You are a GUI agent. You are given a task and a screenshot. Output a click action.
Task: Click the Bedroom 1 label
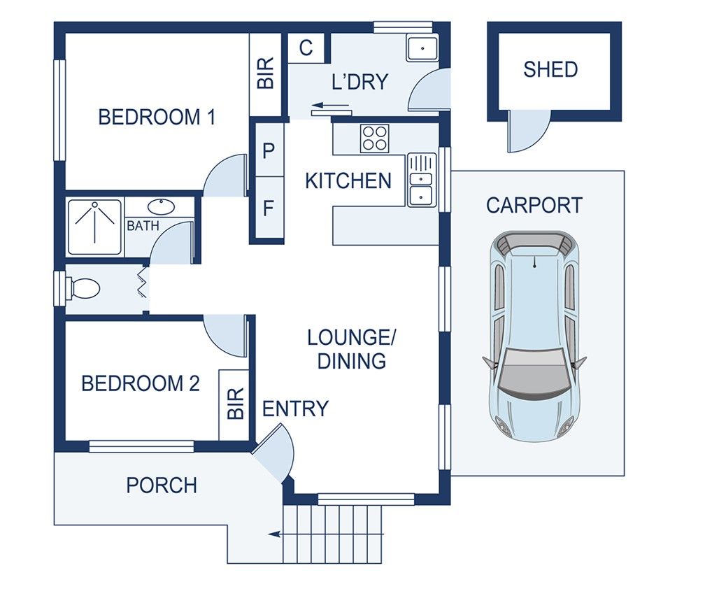pyautogui.click(x=156, y=117)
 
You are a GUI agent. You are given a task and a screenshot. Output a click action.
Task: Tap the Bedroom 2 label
pyautogui.click(x=141, y=383)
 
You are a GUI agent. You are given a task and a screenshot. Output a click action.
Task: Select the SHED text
pyautogui.click(x=550, y=69)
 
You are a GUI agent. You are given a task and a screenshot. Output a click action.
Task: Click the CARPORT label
pyautogui.click(x=534, y=206)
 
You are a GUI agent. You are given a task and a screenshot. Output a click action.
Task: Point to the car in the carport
pyautogui.click(x=534, y=336)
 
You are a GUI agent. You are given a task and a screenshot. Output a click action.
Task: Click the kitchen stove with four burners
pyautogui.click(x=374, y=138)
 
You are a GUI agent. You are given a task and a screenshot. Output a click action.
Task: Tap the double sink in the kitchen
pyautogui.click(x=422, y=180)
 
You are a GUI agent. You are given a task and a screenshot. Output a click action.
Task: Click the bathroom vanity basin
pyautogui.click(x=162, y=206)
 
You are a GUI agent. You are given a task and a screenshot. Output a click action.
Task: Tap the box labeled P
pyautogui.click(x=267, y=150)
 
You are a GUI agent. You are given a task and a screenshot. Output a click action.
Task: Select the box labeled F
pyautogui.click(x=267, y=208)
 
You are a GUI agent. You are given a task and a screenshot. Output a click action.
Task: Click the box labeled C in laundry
pyautogui.click(x=306, y=48)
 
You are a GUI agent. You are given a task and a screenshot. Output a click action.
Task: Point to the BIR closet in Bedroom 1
pyautogui.click(x=266, y=74)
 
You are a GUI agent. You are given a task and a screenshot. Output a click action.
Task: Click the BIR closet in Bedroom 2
pyautogui.click(x=236, y=404)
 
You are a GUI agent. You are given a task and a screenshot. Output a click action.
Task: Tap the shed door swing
pyautogui.click(x=526, y=132)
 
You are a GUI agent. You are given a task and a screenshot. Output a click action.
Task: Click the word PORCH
pyautogui.click(x=162, y=485)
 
